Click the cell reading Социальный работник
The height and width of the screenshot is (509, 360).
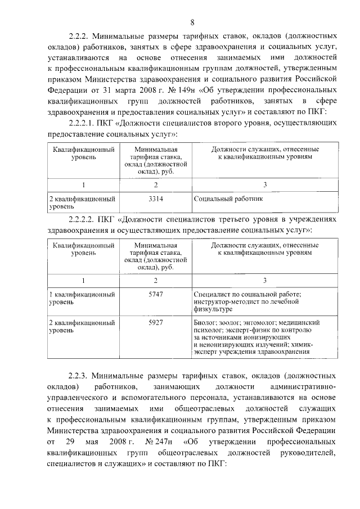[x=228, y=199]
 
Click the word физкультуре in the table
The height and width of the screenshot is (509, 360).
[x=213, y=309]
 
